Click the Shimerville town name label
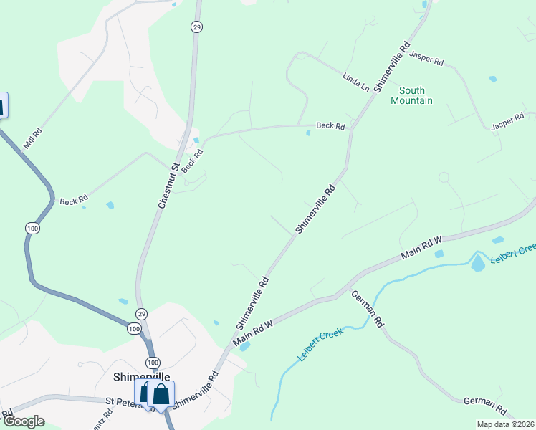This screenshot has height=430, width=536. point(142,376)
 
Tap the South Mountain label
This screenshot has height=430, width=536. point(412,95)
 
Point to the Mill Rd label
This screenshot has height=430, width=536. point(33,138)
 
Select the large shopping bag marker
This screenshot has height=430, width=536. point(161,394)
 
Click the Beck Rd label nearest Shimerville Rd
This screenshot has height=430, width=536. point(330,125)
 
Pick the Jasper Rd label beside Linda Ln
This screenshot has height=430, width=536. point(429,59)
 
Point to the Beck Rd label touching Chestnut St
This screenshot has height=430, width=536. point(189,164)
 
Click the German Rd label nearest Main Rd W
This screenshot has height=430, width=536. point(368,310)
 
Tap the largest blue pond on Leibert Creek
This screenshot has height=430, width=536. point(478,263)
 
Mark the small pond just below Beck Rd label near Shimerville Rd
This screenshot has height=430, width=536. point(308,133)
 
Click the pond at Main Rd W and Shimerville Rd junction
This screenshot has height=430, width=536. point(244,347)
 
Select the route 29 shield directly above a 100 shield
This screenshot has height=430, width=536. point(142,315)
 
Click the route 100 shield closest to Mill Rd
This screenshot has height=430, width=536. point(32,228)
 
